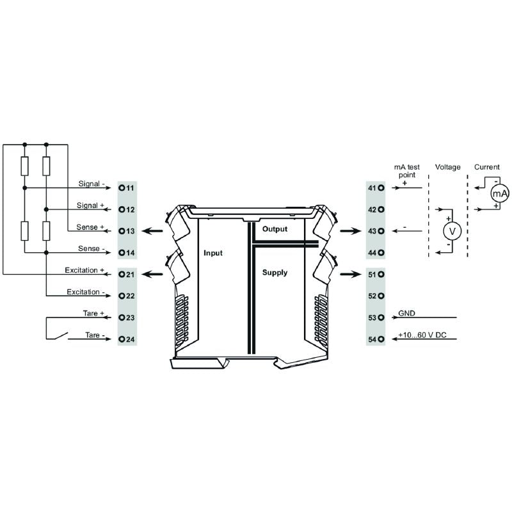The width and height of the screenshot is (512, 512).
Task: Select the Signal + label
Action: pos(91,205)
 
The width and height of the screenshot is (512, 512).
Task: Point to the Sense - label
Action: pos(92,248)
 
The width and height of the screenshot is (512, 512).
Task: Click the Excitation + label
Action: pos(84,270)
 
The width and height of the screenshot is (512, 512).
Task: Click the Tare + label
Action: pos(94,314)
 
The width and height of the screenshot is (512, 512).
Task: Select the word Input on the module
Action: pos(213,253)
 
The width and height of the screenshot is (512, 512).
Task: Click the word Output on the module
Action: pos(275,229)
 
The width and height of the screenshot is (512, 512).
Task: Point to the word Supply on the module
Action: pos(275,272)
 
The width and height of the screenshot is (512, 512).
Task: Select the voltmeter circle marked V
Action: pos(452,230)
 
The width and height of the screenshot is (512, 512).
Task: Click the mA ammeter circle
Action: pos(499,193)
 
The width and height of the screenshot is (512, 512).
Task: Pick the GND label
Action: pos(406,314)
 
